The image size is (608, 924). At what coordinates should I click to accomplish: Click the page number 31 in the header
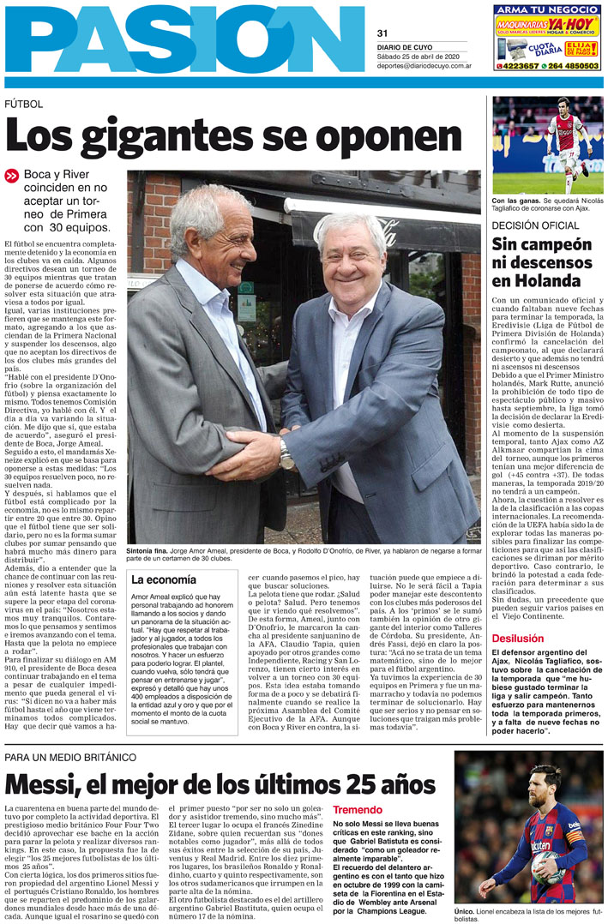click(382, 33)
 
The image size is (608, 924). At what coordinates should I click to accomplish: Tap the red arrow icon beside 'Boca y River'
click(11, 175)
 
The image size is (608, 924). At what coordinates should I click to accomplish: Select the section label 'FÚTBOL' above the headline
click(23, 104)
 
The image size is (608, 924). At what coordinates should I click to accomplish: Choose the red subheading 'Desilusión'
click(518, 639)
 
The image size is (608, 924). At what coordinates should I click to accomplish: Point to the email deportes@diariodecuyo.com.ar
click(424, 65)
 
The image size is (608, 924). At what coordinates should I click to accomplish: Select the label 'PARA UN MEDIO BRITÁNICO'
click(70, 758)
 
